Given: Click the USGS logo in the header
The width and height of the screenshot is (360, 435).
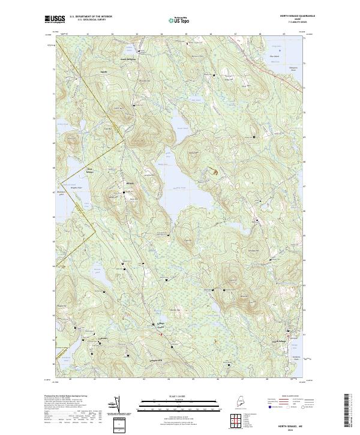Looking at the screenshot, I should (x=55, y=19).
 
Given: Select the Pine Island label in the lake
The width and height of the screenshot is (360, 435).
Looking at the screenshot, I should (x=275, y=57).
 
